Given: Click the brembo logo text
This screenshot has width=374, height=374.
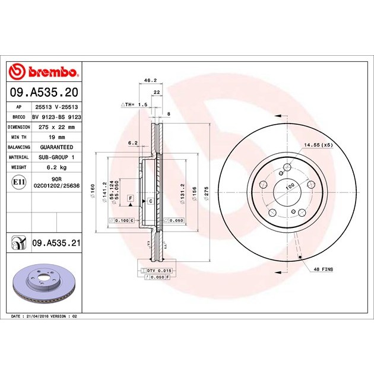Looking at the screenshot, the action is click(53, 72).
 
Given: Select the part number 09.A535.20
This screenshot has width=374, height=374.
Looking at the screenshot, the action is click(44, 92).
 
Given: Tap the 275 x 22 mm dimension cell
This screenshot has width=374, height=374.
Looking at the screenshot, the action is click(57, 127).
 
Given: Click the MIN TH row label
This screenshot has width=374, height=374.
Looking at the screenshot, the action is click(18, 137).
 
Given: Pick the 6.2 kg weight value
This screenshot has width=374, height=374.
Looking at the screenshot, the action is click(57, 167).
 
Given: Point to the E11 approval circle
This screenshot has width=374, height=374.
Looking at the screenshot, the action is click(18, 182).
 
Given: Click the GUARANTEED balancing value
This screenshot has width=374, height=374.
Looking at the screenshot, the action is click(56, 147).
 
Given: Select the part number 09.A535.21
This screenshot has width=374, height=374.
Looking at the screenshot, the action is click(56, 243).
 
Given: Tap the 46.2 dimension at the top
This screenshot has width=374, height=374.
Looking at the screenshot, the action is click(151, 80).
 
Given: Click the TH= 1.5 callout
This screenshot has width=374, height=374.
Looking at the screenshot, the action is click(134, 104).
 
